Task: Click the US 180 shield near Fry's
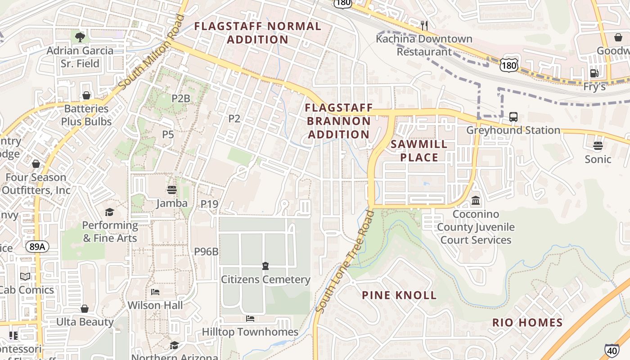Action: [508, 66]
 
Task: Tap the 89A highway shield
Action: [37, 247]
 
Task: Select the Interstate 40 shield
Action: [612, 350]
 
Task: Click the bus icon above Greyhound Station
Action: [513, 117]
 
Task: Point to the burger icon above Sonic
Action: [598, 146]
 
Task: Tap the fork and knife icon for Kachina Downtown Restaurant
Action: [424, 25]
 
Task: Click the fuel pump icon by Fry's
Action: [594, 73]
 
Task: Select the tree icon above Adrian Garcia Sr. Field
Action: [80, 37]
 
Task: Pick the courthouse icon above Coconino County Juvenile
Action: [476, 200]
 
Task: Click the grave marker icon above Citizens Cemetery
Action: [265, 266]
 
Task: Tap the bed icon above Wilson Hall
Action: [155, 292]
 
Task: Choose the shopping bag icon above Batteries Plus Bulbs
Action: [86, 95]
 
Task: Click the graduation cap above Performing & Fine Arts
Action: [109, 212]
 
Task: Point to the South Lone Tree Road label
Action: [345, 261]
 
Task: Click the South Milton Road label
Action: [152, 52]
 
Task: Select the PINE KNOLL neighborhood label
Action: [400, 295]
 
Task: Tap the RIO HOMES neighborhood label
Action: [527, 322]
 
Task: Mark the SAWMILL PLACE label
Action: [419, 151]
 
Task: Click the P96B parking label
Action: [206, 252]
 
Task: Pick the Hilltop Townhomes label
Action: [250, 332]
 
